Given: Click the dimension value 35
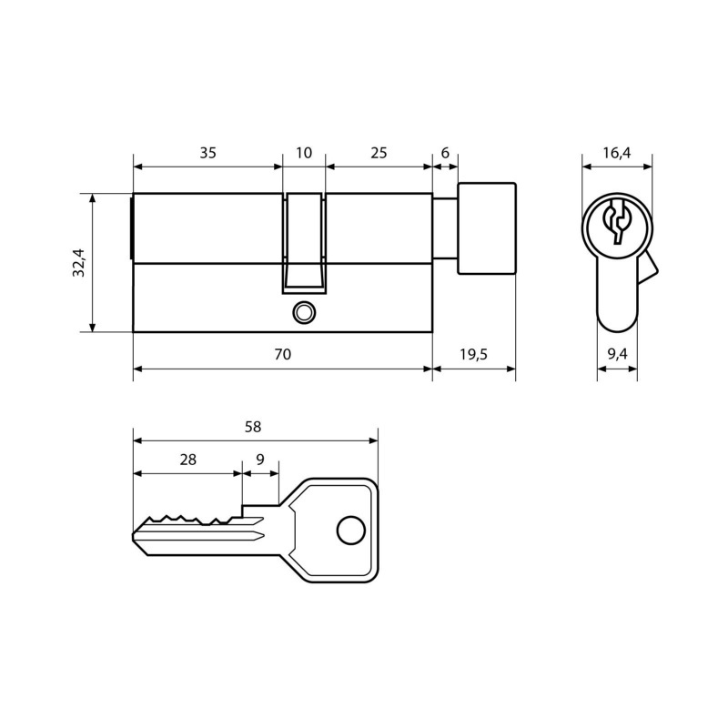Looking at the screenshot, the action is click(208, 153).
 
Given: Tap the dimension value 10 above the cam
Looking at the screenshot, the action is click(304, 153).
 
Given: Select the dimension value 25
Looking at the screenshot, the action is click(379, 153).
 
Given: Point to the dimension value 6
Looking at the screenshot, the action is click(445, 153).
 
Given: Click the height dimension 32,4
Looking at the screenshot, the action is click(78, 263).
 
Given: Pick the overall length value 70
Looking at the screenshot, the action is click(282, 354).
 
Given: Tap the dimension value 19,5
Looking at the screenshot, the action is click(473, 354).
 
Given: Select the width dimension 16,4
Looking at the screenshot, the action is click(617, 153).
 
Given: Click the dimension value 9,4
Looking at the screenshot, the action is click(617, 354).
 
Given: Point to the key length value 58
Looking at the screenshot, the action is click(253, 427).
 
